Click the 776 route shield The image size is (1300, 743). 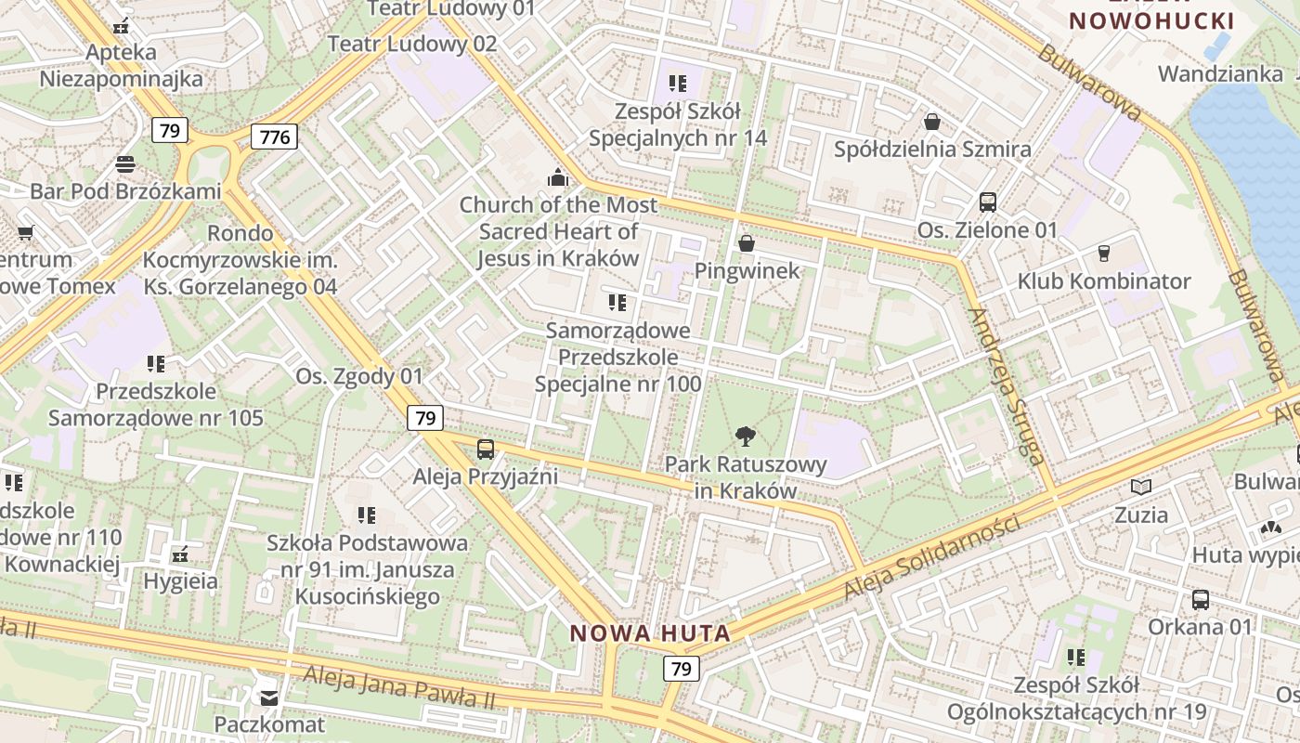[x=275, y=137]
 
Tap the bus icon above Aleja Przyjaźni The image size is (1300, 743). [x=485, y=450]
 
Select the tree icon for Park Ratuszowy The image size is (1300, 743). [x=745, y=436]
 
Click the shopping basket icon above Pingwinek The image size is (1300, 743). [x=746, y=243]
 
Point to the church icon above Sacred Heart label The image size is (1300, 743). [x=558, y=176]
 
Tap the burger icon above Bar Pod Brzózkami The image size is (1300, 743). [x=125, y=165]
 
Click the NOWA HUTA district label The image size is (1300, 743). [x=650, y=633]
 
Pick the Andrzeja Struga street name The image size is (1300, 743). [x=1007, y=385]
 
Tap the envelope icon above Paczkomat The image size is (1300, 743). [x=269, y=697]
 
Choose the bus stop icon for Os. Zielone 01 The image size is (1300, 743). [x=988, y=202]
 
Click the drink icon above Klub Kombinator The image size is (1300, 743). [x=1104, y=254]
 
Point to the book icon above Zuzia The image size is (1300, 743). [x=1140, y=487]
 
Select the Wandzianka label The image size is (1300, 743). [x=1220, y=73]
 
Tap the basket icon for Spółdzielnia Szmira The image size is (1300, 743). [x=932, y=122]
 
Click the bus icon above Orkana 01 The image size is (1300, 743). [x=1201, y=599]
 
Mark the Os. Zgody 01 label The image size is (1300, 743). [x=359, y=376]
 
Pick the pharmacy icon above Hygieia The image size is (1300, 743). [x=180, y=554]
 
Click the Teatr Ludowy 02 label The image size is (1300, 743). [x=412, y=44]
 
